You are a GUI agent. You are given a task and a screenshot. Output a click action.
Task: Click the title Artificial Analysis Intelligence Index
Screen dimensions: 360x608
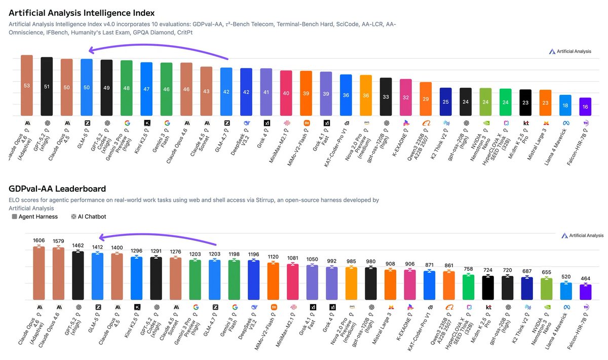82,13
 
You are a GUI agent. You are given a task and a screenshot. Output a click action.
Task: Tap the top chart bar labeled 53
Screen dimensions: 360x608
27,86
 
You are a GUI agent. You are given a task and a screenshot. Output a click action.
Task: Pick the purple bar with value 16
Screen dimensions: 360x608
585,107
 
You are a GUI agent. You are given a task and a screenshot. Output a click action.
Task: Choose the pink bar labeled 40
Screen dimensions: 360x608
286,93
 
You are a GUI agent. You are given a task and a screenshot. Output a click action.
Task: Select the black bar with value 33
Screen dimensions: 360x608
386,96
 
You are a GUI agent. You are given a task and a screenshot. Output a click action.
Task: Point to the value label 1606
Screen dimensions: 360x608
39,240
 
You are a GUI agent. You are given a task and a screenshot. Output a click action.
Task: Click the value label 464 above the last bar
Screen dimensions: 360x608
586,279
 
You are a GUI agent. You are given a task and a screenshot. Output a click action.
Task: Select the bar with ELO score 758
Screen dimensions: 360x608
469,287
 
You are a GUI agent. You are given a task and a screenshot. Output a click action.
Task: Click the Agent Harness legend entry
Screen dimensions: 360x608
34,217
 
